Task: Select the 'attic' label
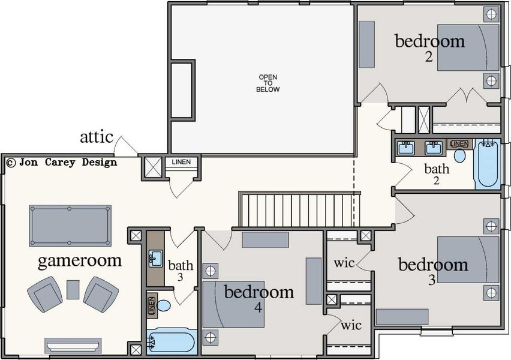pos(97,137)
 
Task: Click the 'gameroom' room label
pos(80,261)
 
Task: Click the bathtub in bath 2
pos(486,164)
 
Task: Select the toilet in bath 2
pos(460,155)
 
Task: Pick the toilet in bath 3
pos(163,305)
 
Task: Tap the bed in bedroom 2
pos(468,47)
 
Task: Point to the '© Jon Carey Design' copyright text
pos(61,162)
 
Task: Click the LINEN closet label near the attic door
pos(181,162)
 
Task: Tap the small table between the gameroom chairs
pos(73,289)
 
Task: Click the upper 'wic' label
pos(344,263)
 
